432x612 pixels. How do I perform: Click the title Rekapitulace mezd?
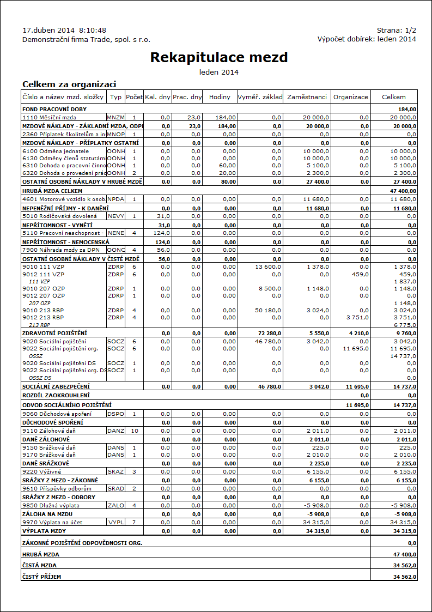coord(218,57)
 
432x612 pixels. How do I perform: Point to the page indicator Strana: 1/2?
coord(396,31)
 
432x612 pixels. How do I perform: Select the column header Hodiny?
coord(220,97)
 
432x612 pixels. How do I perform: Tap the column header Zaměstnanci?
coord(307,97)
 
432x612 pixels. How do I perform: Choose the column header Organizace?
coord(351,97)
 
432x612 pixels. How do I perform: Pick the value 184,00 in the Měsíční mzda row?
coord(226,117)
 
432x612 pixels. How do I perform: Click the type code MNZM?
coord(115,117)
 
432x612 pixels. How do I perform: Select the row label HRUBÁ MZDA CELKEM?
coord(52,191)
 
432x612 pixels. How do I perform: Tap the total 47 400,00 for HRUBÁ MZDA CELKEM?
coord(403,191)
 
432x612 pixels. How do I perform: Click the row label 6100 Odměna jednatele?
coord(56,151)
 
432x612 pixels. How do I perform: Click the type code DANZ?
coord(115,431)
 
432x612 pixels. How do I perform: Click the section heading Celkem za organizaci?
coord(69,84)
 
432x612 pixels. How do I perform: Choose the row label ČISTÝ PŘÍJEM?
coord(41,577)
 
